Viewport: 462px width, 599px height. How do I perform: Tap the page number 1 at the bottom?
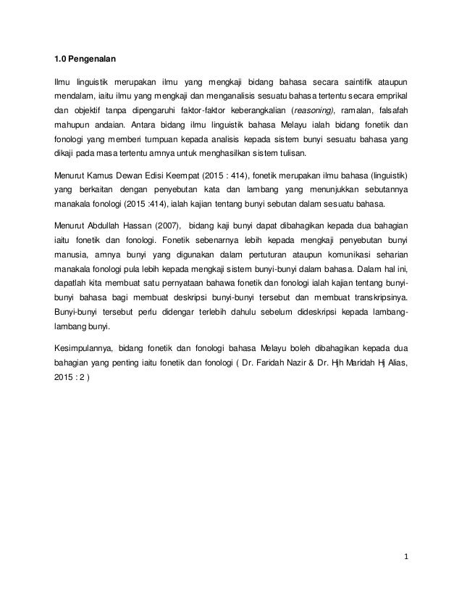coord(407,557)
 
